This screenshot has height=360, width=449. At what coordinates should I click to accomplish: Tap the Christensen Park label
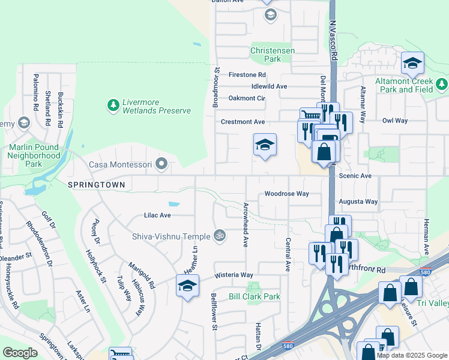coord(273,55)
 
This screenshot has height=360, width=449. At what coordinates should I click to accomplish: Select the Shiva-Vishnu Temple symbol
coord(220,236)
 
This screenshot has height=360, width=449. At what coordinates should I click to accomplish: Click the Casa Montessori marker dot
coord(161,164)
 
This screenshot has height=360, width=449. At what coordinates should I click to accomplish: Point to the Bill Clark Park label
coord(255,296)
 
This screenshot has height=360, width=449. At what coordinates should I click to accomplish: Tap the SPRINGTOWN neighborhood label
coord(96,185)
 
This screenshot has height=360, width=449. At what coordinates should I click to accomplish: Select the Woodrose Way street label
coord(286,194)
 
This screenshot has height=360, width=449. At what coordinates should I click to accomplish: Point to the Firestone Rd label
coord(247,75)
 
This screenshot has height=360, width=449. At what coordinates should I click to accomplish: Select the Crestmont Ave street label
coord(243,122)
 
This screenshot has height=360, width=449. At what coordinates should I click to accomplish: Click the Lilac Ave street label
coord(157,215)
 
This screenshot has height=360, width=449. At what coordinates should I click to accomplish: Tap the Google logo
coord(20,353)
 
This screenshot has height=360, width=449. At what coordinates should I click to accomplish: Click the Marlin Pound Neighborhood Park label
coord(34,155)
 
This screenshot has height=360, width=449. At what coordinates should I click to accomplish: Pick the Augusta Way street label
coord(358,202)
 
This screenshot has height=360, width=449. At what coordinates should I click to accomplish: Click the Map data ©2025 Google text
coord(411,355)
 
